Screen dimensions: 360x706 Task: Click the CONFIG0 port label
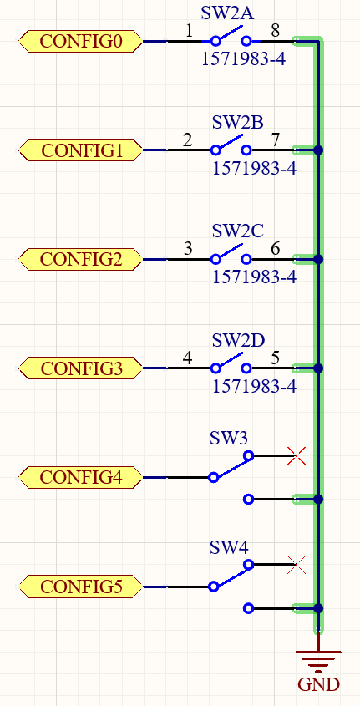[x=80, y=42]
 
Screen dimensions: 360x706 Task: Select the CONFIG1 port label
[x=80, y=150]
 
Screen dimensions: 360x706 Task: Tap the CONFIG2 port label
[x=80, y=259]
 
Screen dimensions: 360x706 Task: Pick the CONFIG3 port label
[x=80, y=368]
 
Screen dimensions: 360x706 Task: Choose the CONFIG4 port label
[x=80, y=477]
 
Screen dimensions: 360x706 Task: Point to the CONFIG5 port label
[x=80, y=587]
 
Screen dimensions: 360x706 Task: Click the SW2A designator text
[x=227, y=13]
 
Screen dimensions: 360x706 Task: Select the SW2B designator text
[x=237, y=122]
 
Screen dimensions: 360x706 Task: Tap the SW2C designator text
[x=237, y=231]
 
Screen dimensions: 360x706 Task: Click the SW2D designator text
[x=239, y=340]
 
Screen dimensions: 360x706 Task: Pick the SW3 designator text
[x=229, y=438]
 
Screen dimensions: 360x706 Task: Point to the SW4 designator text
[x=229, y=548]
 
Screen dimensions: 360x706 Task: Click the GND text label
[x=318, y=685]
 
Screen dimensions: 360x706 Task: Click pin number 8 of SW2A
[x=275, y=31]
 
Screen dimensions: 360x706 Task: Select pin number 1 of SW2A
[x=189, y=31]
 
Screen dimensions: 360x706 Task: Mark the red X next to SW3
[x=297, y=455]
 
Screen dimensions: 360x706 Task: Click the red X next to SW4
[x=297, y=565]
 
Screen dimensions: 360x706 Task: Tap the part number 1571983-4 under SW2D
[x=254, y=387]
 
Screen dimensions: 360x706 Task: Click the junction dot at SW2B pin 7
[x=318, y=150]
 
